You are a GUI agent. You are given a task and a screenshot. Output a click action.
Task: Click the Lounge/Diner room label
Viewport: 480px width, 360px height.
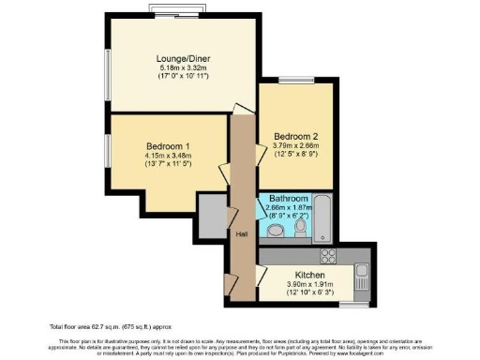point(183,59)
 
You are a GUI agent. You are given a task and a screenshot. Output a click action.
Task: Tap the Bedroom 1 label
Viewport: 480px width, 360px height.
point(169,146)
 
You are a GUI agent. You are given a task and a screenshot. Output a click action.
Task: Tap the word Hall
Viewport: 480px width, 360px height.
point(241,234)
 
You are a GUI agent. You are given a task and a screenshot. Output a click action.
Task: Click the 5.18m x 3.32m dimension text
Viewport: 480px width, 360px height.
point(183,69)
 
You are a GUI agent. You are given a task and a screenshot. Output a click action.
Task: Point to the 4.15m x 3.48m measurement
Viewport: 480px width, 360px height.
point(169,157)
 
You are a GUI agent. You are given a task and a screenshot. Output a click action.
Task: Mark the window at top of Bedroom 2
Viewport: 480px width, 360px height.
point(293,77)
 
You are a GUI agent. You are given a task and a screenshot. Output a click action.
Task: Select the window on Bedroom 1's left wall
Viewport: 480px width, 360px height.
point(107,148)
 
